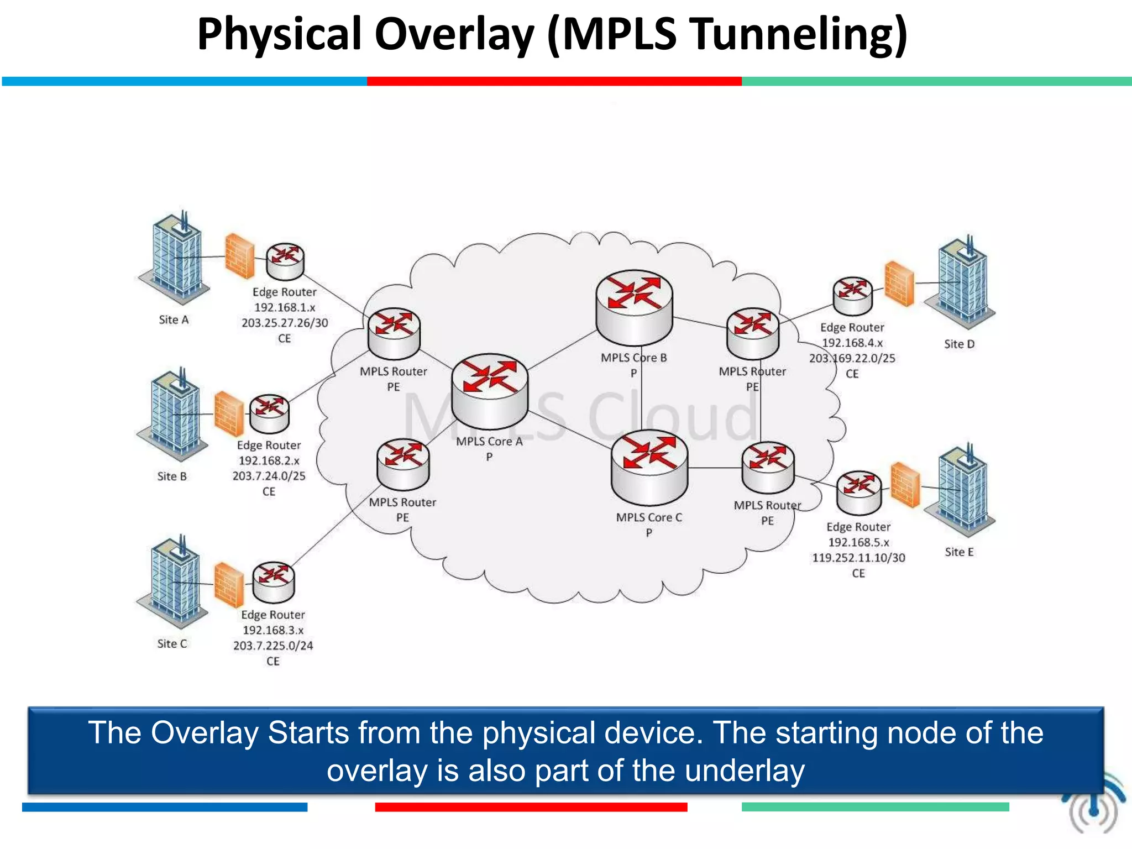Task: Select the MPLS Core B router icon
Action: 635,307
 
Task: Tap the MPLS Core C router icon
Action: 649,468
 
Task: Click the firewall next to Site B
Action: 229,414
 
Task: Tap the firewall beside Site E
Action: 905,485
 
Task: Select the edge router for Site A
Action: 285,261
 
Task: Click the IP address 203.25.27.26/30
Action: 285,323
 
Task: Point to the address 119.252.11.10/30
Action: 858,558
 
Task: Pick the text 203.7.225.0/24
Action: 273,646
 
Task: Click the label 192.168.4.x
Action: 852,343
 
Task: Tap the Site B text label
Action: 172,476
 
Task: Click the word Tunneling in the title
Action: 799,34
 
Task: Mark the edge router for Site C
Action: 274,582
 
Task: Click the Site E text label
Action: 959,552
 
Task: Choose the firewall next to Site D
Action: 899,284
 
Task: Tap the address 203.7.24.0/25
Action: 269,476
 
